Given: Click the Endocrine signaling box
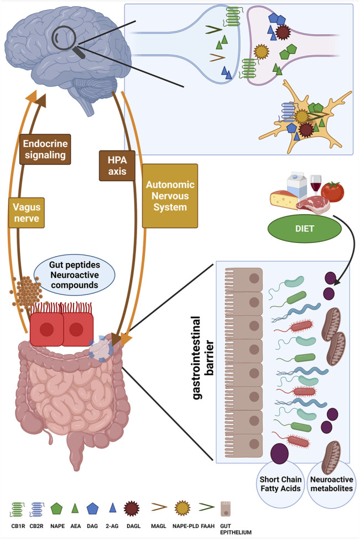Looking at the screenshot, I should [48, 149].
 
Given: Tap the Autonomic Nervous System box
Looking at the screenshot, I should [170, 196].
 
